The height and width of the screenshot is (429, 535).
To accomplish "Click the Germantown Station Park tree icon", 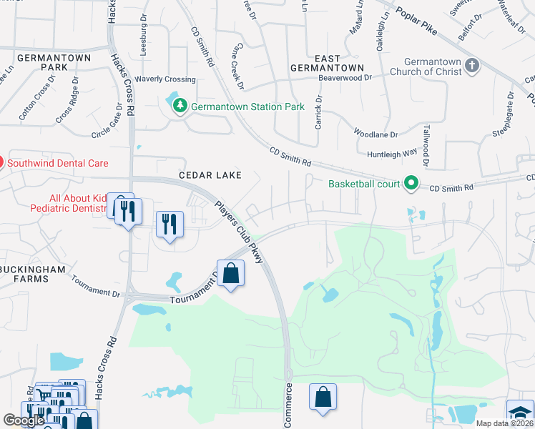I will [180, 107].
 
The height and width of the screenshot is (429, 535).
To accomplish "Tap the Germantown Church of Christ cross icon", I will [471, 66].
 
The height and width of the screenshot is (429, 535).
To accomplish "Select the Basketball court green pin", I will [411, 184].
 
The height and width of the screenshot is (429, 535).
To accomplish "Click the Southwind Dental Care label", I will [57, 163].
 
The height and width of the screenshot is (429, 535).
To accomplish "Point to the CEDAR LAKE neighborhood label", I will [210, 175].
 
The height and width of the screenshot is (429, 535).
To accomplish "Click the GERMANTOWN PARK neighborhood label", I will [44, 62].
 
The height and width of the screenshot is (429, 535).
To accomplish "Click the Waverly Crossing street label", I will [165, 79].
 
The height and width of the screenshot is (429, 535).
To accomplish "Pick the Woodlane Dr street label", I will [376, 133].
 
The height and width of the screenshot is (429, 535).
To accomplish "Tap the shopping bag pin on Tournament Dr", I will [230, 274].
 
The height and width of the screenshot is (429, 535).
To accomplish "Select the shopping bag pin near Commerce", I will [323, 398].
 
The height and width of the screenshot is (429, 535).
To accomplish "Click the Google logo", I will [24, 420].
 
